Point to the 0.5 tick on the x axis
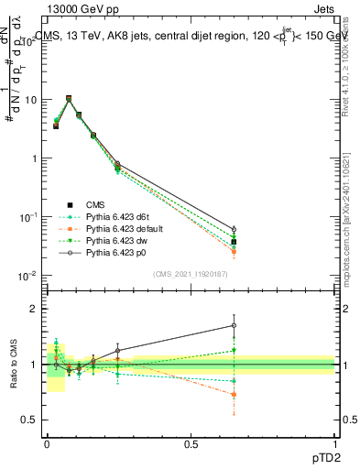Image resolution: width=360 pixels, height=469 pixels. pos(191,443)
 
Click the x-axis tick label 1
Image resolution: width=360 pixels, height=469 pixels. pos(334,443)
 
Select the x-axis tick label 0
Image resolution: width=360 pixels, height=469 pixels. pos(47,443)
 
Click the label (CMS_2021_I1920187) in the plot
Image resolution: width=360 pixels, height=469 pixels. pos(191,273)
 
